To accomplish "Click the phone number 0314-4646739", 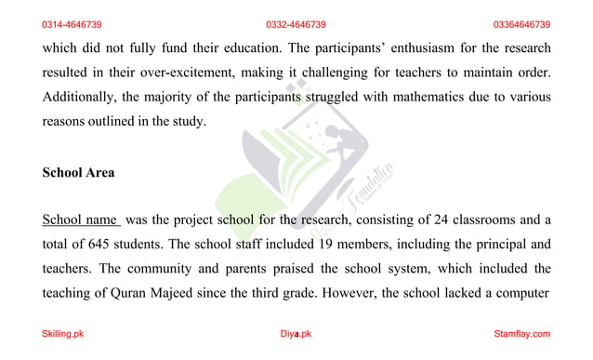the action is click(72, 24).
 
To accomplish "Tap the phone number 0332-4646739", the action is click(296, 24).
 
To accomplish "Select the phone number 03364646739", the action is click(521, 24).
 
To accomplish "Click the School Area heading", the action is click(78, 172).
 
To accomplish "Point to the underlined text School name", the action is click(80, 220).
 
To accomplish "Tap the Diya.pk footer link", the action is click(296, 334).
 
